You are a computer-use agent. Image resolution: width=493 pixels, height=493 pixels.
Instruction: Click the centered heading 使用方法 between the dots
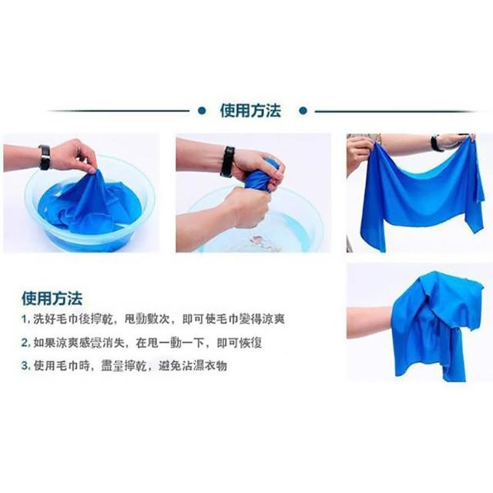pos(250,111)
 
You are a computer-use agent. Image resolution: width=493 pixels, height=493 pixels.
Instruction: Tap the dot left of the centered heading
pos(202,111)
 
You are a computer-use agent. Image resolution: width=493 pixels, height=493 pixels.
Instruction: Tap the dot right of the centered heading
pos(303,111)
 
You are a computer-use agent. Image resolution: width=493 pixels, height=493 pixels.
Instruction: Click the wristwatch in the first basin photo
pos(45,157)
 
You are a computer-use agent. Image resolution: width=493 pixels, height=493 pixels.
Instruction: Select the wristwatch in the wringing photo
pos(227,162)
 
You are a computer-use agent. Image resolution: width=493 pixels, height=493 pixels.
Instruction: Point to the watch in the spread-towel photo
pos(435,143)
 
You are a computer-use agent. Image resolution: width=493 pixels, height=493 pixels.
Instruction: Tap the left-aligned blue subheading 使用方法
pos(52,298)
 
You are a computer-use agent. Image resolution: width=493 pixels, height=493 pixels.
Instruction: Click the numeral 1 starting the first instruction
pos(25,320)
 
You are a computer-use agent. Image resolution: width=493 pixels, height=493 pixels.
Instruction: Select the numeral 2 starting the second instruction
pos(25,343)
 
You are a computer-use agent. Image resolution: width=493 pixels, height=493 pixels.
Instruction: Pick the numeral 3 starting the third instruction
pos(25,366)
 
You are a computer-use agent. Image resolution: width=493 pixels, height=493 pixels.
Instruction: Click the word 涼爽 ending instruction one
pos(273,319)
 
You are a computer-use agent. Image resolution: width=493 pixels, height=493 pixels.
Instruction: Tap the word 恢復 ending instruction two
pos(250,343)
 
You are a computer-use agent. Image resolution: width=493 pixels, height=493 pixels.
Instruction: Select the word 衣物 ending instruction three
pos(216,366)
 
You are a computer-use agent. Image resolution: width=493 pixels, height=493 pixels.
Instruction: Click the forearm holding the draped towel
pos(370,322)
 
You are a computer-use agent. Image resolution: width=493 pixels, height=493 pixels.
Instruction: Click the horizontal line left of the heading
pos(119,111)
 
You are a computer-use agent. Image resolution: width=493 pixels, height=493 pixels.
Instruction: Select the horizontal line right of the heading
pos(395,111)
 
